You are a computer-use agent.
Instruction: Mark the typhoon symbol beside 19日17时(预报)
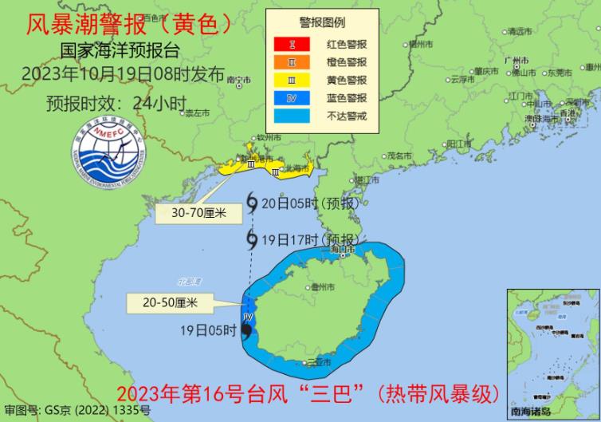[x=252, y=239]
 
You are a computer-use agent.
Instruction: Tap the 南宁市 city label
[x=238, y=80]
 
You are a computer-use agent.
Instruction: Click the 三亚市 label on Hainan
[x=322, y=362]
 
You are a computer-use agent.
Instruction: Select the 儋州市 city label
[x=324, y=286]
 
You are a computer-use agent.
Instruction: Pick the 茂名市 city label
[x=396, y=156]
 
